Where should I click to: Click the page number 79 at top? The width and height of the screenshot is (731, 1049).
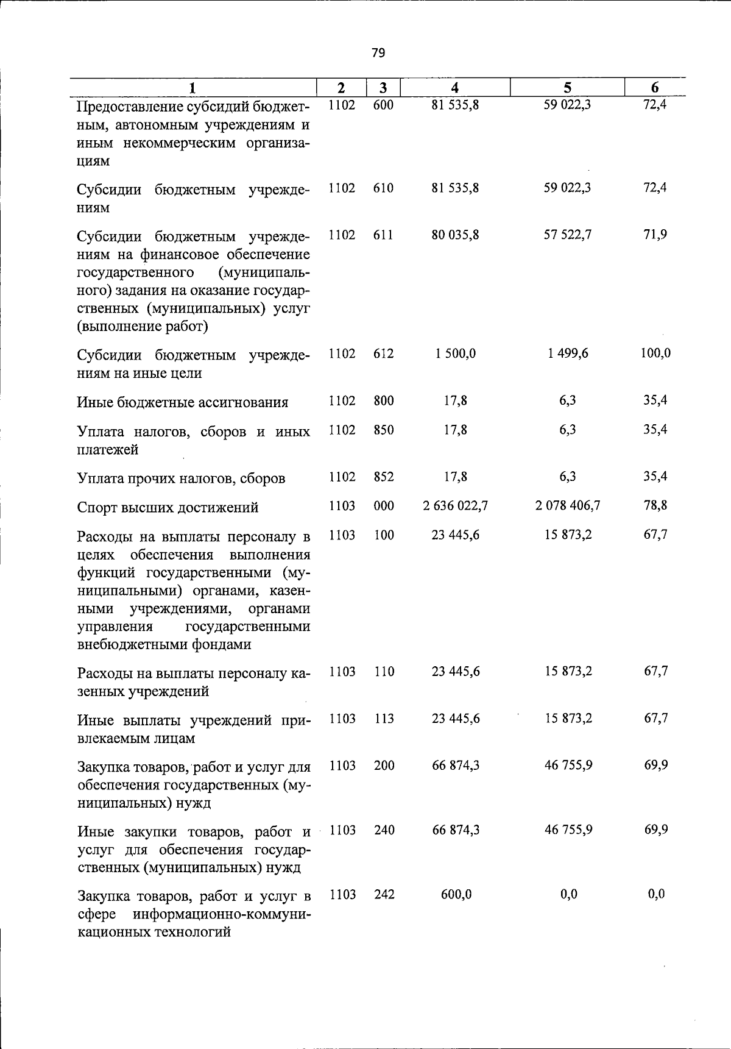pyautogui.click(x=378, y=53)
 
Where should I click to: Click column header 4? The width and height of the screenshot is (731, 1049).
pyautogui.click(x=455, y=88)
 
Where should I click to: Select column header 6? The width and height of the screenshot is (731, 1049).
pyautogui.click(x=655, y=88)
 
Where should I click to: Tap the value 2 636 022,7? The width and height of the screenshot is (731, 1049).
pyautogui.click(x=455, y=506)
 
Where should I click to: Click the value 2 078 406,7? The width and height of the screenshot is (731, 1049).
pyautogui.click(x=568, y=506)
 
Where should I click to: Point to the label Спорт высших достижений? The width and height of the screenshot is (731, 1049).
pyautogui.click(x=168, y=508)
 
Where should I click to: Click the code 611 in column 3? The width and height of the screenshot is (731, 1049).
pyautogui.click(x=383, y=235)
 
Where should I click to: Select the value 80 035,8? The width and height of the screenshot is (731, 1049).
pyautogui.click(x=455, y=235)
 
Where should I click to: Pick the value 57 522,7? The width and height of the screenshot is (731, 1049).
pyautogui.click(x=568, y=235)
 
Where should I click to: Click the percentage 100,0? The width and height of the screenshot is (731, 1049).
pyautogui.click(x=655, y=354)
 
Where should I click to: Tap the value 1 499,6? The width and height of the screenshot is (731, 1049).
pyautogui.click(x=568, y=354)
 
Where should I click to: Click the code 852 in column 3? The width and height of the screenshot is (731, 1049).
pyautogui.click(x=384, y=477)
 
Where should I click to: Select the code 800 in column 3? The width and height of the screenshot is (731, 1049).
pyautogui.click(x=384, y=400)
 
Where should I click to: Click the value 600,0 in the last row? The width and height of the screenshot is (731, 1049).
pyautogui.click(x=456, y=894)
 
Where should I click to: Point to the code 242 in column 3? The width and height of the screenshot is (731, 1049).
pyautogui.click(x=384, y=894)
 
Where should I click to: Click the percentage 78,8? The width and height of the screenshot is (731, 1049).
pyautogui.click(x=655, y=506)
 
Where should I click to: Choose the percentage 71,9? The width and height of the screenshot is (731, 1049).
pyautogui.click(x=655, y=235)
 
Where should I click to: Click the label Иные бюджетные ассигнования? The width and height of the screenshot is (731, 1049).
pyautogui.click(x=183, y=402)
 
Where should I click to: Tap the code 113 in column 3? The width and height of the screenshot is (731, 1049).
pyautogui.click(x=384, y=719)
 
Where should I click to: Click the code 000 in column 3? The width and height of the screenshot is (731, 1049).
pyautogui.click(x=384, y=506)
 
